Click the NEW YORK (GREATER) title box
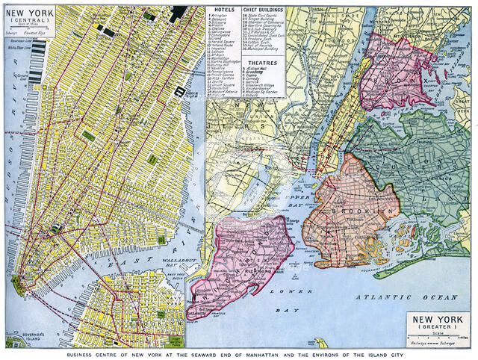(x=438, y=323)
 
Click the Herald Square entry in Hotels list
(x=223, y=55)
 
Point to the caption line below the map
(x=239, y=353)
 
